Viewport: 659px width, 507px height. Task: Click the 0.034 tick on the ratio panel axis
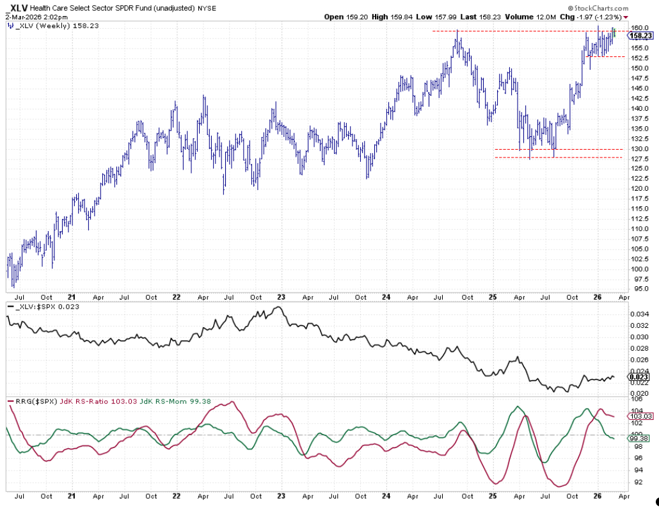(639, 314)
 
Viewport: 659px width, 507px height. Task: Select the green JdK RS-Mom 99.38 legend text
(166, 401)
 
